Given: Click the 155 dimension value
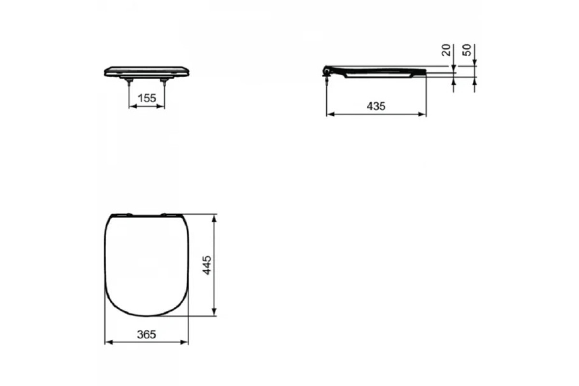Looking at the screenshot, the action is pos(147,98).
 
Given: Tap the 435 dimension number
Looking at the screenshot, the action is pos(376,106).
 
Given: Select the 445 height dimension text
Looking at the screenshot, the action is pos(207,265).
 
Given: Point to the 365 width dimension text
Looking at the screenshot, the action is pos(147,334).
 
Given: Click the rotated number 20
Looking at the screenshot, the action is pos(446,50).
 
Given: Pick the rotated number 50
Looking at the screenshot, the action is pos(467,50).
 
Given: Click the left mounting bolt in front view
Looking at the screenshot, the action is pos(129,83).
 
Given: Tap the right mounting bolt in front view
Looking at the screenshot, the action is pos(165,83).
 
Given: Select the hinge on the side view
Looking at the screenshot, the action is pos(327,70).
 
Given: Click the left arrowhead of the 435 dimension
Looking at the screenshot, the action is pos(331,114).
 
